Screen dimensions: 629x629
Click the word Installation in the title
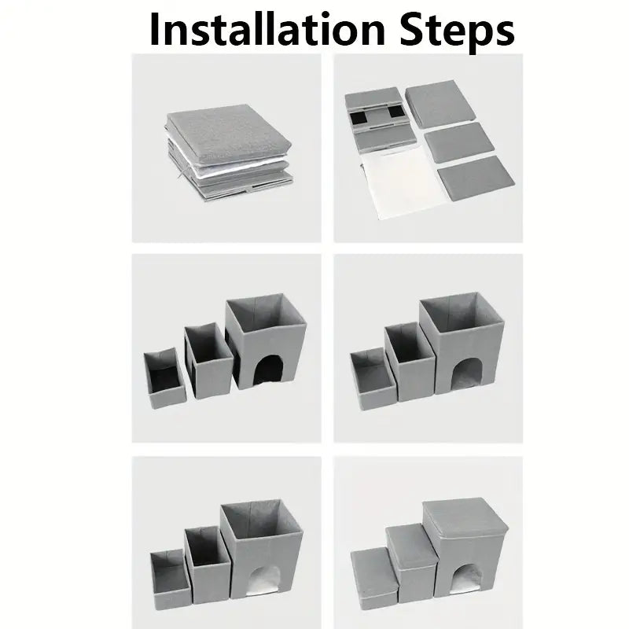[267, 29]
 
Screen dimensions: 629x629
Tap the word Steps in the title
[458, 32]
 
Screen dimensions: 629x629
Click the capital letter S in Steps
[412, 29]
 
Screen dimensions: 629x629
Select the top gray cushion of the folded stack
[229, 132]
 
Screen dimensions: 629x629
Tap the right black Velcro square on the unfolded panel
[395, 112]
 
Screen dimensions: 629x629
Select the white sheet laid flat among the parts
[403, 182]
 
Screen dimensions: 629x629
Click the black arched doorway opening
[267, 370]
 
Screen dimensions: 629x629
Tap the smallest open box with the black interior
[165, 377]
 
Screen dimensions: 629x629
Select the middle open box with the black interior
[208, 362]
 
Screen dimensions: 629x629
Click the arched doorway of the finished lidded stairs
[467, 579]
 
